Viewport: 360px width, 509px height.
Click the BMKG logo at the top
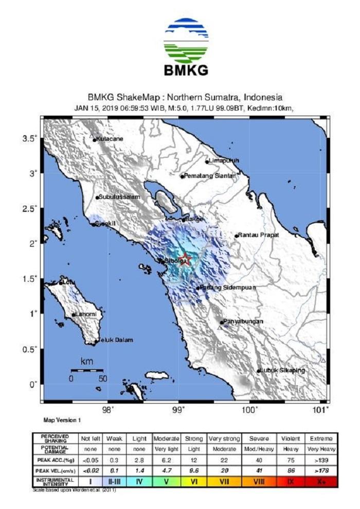(186, 46)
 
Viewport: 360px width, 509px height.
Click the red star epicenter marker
(186, 259)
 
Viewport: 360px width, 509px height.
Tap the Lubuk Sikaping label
(282, 371)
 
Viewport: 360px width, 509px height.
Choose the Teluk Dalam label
(116, 340)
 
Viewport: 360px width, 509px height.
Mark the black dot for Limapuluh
(207, 161)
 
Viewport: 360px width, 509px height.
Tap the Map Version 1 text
(62, 420)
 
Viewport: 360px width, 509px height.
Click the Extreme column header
(321, 439)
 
